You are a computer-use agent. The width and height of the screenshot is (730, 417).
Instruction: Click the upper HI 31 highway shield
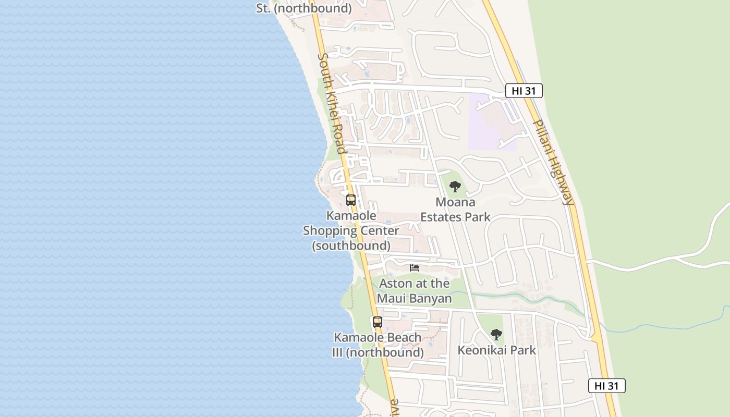pyautogui.click(x=524, y=91)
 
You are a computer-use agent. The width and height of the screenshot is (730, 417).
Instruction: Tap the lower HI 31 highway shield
pyautogui.click(x=606, y=386)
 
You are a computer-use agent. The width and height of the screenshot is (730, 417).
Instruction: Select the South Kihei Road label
pyautogui.click(x=332, y=103)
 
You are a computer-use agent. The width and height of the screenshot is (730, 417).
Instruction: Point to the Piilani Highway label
pyautogui.click(x=554, y=162)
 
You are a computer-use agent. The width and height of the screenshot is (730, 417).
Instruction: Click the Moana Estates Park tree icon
pyautogui.click(x=455, y=186)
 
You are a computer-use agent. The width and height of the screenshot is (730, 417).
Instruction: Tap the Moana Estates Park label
pyautogui.click(x=455, y=210)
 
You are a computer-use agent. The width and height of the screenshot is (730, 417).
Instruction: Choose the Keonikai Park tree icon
pyautogui.click(x=496, y=334)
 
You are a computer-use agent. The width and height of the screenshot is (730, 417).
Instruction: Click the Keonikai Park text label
pyautogui.click(x=496, y=350)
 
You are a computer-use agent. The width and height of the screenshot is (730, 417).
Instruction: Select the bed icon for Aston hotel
pyautogui.click(x=415, y=268)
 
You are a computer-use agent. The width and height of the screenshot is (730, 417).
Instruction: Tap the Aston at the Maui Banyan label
pyautogui.click(x=414, y=291)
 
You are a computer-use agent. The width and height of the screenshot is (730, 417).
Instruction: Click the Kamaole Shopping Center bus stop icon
pyautogui.click(x=351, y=200)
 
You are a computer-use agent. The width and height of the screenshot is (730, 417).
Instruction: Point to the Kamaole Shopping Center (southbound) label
pyautogui.click(x=351, y=230)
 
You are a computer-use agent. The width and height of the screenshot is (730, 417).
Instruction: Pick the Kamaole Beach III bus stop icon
pyautogui.click(x=378, y=322)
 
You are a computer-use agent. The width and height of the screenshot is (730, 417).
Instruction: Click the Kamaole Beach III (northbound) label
pyautogui.click(x=378, y=345)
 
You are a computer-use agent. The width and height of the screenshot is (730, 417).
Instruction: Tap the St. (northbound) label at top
pyautogui.click(x=303, y=8)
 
